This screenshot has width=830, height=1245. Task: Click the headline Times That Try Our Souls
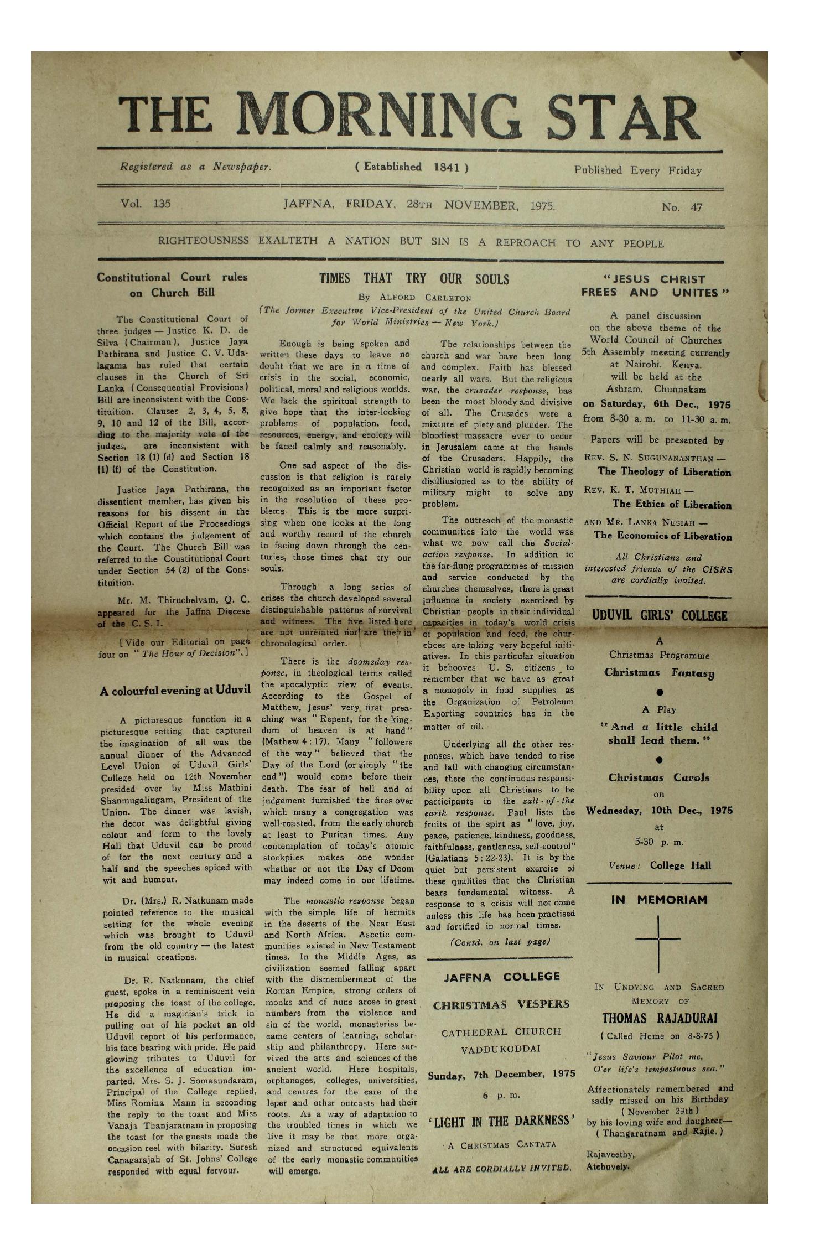414,279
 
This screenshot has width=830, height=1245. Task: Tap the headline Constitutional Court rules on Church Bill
172,285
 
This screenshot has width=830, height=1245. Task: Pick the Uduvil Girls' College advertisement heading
659,616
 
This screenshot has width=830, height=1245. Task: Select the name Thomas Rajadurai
659,1019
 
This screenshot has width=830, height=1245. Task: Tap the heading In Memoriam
659,900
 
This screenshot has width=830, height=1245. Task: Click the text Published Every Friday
637,170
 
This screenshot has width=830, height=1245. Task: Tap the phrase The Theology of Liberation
664,472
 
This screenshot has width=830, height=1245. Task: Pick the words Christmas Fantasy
660,673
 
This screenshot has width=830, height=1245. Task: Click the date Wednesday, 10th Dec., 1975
659,811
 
